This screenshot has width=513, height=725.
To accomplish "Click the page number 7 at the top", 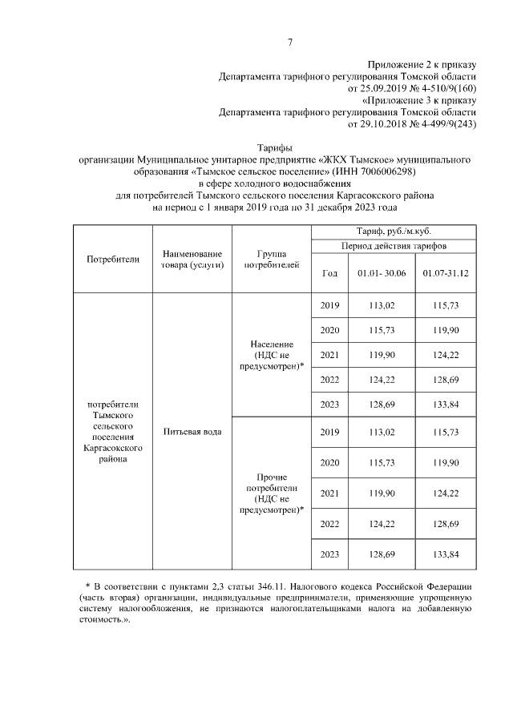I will [x=289, y=42].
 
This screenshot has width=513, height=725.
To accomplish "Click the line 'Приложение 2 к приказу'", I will [x=422, y=65].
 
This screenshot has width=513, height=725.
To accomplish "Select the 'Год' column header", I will [x=329, y=273].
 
